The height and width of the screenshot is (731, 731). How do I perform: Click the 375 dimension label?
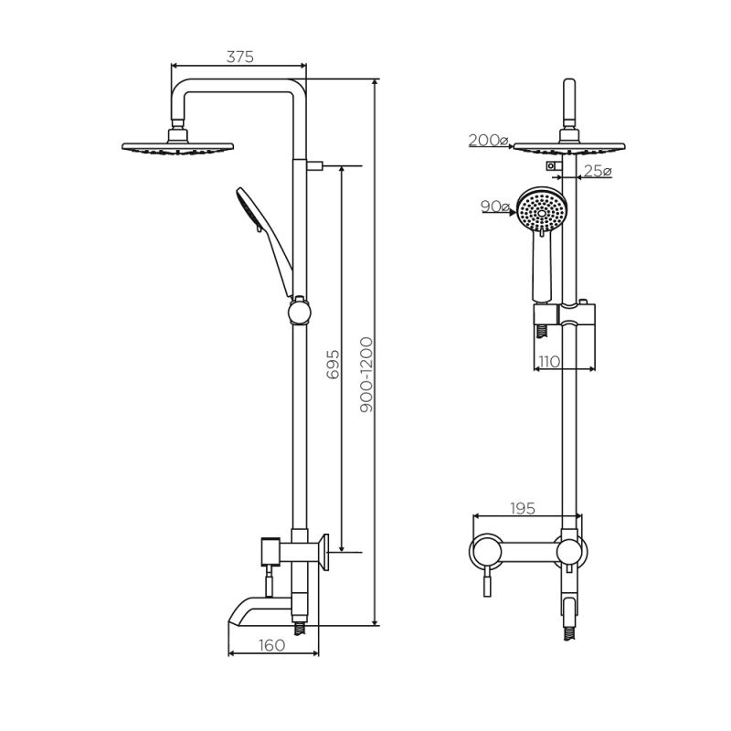[239, 57]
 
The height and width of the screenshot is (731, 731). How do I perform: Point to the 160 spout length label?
[272, 644]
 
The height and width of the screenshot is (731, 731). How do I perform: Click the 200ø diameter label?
[488, 140]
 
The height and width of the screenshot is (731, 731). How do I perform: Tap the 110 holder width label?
[549, 361]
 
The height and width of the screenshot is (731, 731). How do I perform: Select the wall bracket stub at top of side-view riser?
[315, 166]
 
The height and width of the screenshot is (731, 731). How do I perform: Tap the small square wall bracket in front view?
[551, 166]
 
